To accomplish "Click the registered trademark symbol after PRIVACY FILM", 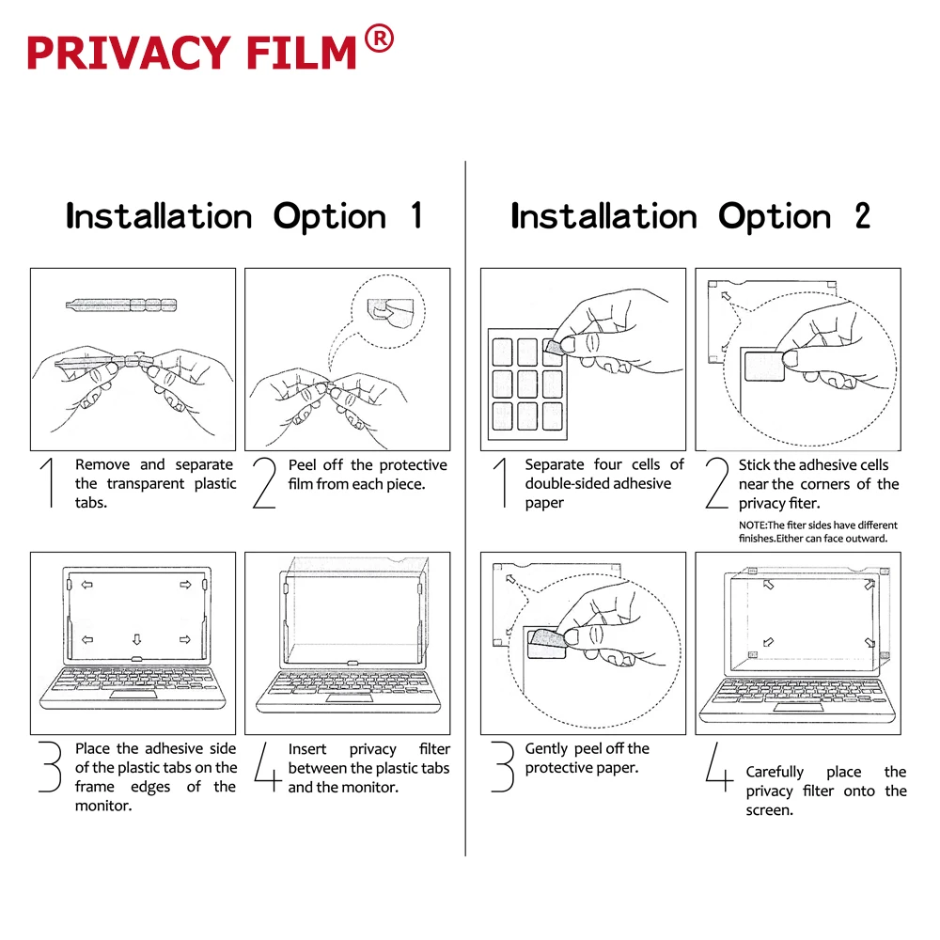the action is (378, 40).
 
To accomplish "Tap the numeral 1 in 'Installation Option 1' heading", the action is (415, 216).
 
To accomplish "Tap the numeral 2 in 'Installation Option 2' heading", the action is (861, 216).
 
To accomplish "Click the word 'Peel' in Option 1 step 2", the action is (304, 464).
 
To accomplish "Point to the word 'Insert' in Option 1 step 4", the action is (307, 749).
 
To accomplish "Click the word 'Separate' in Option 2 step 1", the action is (555, 464).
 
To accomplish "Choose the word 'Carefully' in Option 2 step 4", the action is (775, 772).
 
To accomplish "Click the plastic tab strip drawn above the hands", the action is (122, 304).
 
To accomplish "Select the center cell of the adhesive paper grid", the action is (527, 383).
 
